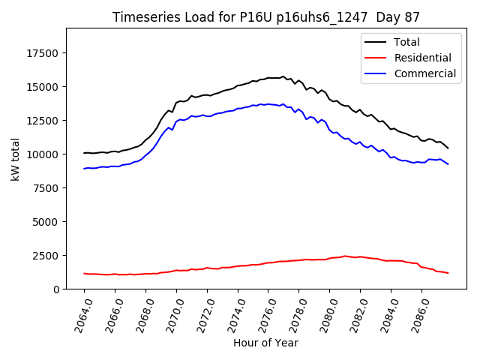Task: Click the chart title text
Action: click(265, 16)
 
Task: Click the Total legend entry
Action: click(406, 42)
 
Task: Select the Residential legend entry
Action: click(422, 58)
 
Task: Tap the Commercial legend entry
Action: click(424, 73)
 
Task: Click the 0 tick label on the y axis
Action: click(58, 289)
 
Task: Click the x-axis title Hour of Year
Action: click(265, 343)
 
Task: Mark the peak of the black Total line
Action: click(283, 76)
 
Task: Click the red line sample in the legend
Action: click(376, 58)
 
